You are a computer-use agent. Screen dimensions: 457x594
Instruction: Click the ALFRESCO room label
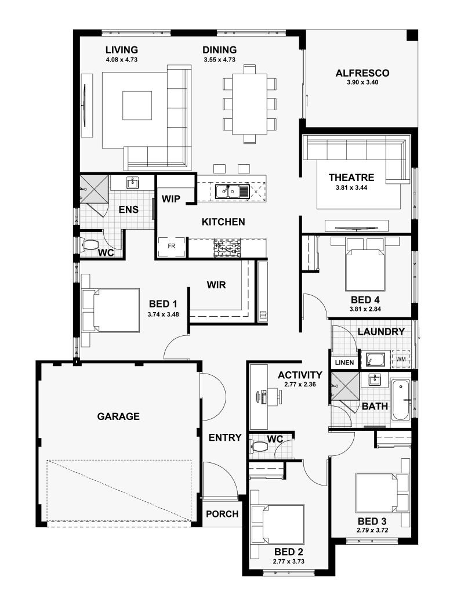(x=362, y=73)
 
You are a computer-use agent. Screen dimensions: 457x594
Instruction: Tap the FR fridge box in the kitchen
(x=172, y=247)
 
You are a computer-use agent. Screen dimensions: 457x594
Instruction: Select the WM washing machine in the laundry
(x=401, y=358)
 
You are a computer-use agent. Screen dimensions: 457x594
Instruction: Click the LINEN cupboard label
(x=344, y=363)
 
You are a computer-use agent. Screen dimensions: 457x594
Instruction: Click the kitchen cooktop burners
(x=227, y=248)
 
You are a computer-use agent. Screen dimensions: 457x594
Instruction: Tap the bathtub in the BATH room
(x=400, y=400)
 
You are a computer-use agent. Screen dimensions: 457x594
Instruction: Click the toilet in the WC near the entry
(x=258, y=446)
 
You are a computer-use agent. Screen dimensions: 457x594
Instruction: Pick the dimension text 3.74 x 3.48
(x=163, y=314)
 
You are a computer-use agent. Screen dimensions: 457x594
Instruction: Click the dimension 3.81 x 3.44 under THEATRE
(x=351, y=187)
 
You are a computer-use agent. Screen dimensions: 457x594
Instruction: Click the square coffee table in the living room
(x=137, y=106)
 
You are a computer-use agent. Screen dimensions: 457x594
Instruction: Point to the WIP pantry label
(x=171, y=199)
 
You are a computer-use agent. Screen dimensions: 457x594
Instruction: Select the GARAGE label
(x=118, y=416)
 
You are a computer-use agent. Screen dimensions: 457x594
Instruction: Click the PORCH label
(x=222, y=514)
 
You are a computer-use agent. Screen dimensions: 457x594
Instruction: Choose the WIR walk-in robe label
(x=216, y=285)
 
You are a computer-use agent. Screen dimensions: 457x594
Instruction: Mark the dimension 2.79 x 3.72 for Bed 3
(x=372, y=530)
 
